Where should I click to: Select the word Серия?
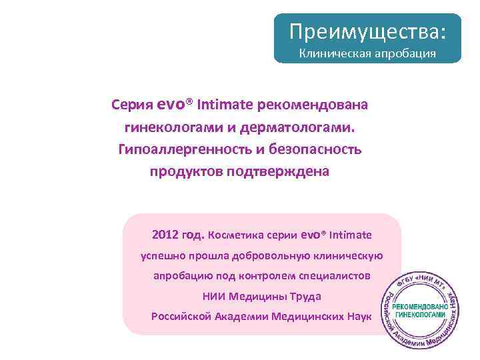tap(133, 105)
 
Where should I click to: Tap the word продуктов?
tap(185, 171)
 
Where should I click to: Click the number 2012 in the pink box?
tap(165, 235)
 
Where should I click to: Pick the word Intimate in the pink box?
tap(351, 235)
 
